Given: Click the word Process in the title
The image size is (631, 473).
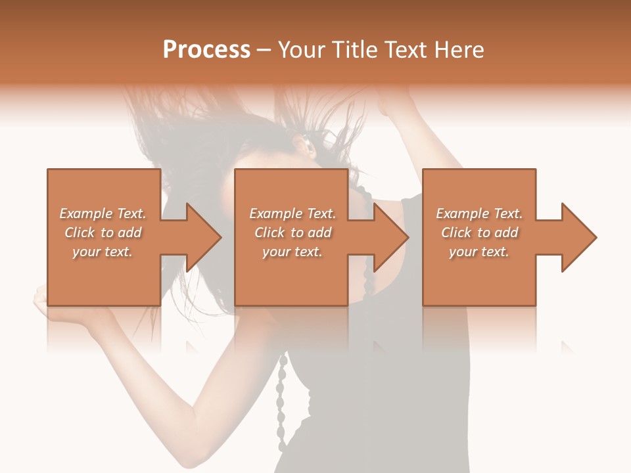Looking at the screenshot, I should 206,50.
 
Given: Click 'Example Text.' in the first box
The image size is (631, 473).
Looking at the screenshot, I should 103,214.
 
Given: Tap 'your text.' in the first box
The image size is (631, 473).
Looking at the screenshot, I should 103,252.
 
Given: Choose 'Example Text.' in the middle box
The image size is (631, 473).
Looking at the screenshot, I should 292,214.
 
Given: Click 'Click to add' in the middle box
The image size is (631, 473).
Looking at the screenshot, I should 292,233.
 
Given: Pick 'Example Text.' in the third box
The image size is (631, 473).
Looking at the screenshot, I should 479,214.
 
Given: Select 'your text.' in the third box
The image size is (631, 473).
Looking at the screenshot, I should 479,252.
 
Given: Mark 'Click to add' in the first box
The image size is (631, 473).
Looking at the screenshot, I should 103,233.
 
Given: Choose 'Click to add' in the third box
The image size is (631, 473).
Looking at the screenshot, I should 479,233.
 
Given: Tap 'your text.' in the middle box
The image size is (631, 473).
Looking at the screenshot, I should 292,252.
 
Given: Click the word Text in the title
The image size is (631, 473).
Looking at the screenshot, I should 405,50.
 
